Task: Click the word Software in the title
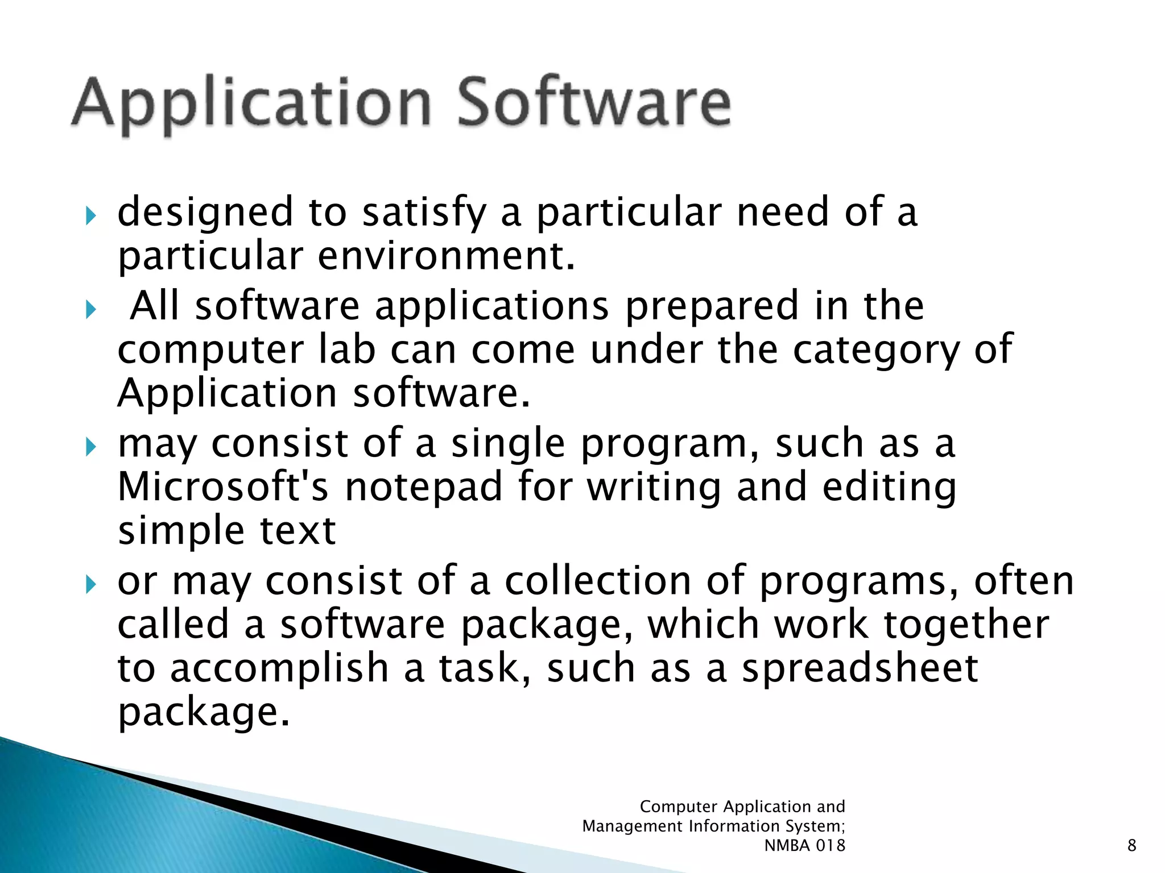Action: pyautogui.click(x=594, y=102)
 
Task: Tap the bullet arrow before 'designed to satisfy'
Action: pyautogui.click(x=90, y=216)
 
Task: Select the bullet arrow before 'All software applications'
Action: pyautogui.click(x=90, y=310)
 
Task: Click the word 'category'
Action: pyautogui.click(x=876, y=350)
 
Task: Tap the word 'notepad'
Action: pyautogui.click(x=424, y=488)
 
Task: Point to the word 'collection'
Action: pyautogui.click(x=598, y=581)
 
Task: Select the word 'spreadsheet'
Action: pyautogui.click(x=860, y=668)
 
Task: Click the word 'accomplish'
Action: pyautogui.click(x=279, y=668)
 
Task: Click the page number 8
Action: pyautogui.click(x=1131, y=846)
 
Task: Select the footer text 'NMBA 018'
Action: pyautogui.click(x=804, y=846)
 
